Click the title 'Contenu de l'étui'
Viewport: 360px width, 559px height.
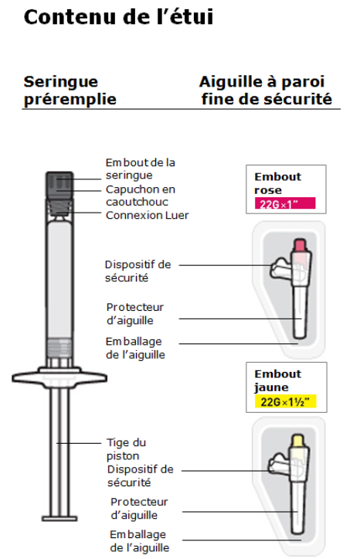point(118,17)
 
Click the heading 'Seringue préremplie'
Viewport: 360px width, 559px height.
point(70,90)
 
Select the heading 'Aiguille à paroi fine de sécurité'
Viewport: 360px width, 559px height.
point(266,90)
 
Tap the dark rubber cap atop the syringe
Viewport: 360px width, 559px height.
point(59,186)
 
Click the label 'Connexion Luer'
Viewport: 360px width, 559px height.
point(147,216)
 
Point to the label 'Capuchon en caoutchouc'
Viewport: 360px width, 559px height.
point(141,196)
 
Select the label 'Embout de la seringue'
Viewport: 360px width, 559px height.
point(141,169)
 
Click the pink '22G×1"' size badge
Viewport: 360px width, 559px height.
point(285,203)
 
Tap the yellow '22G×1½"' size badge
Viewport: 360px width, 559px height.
point(285,402)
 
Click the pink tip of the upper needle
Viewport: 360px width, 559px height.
point(300,245)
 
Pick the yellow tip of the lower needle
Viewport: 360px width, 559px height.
point(297,440)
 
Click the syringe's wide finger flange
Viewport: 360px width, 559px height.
point(59,377)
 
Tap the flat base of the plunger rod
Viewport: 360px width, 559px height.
point(59,518)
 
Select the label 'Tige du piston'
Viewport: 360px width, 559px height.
point(126,449)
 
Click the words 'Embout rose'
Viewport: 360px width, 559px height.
point(278,183)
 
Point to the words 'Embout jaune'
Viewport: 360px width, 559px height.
point(278,380)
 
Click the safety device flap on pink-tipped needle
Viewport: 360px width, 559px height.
point(281,268)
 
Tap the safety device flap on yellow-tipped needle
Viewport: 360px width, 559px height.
point(280,463)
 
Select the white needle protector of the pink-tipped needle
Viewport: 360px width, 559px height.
point(300,312)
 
